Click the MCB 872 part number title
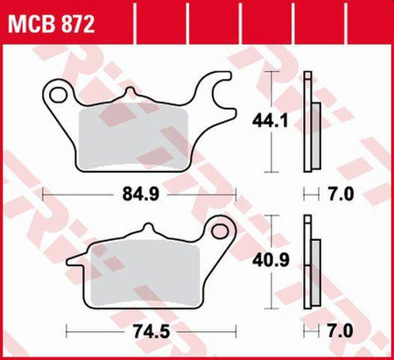click(x=52, y=24)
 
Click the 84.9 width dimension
click(x=141, y=194)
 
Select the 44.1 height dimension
click(x=271, y=121)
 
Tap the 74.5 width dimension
click(x=151, y=331)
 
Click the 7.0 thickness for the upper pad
click(x=341, y=194)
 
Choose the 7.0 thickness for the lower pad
click(x=341, y=331)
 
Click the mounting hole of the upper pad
click(x=58, y=94)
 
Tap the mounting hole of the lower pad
click(x=220, y=231)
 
